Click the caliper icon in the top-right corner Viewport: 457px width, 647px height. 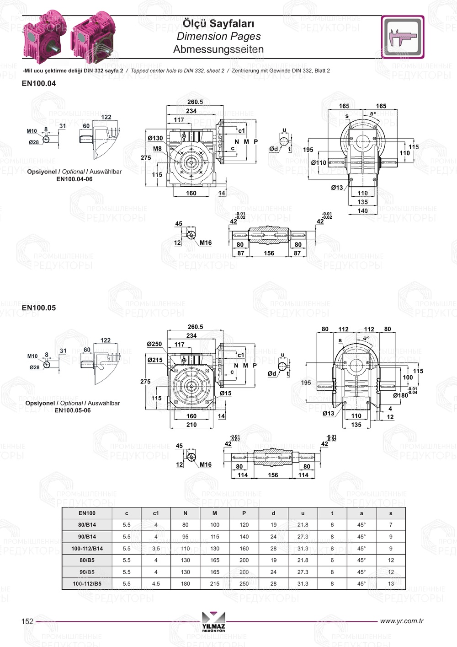click(x=403, y=37)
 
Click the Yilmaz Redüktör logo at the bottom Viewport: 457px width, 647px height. click(x=213, y=622)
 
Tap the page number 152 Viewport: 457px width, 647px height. click(x=27, y=621)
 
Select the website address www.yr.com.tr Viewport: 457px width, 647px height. click(x=401, y=621)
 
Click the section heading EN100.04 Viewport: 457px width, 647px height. click(x=39, y=84)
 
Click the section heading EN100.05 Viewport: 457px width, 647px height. click(x=39, y=308)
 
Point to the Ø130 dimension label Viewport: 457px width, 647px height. click(x=155, y=138)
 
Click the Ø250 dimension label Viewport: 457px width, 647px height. click(x=154, y=344)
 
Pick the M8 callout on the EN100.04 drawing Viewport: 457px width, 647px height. click(x=157, y=149)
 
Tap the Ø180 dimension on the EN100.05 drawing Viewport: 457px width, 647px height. click(x=401, y=395)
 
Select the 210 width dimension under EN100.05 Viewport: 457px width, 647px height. click(x=191, y=425)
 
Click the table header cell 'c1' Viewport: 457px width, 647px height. click(x=156, y=513)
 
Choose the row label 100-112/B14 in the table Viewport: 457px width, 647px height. click(x=87, y=549)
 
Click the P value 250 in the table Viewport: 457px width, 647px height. click(x=244, y=584)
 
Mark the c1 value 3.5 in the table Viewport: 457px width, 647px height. click(x=156, y=549)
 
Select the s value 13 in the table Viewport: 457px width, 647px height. click(x=391, y=584)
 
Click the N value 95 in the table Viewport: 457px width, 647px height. click(x=185, y=537)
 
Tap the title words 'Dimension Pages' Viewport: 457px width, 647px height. click(x=218, y=37)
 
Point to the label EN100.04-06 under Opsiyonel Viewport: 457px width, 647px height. click(x=74, y=179)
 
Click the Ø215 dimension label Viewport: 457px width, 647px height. click(x=155, y=360)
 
